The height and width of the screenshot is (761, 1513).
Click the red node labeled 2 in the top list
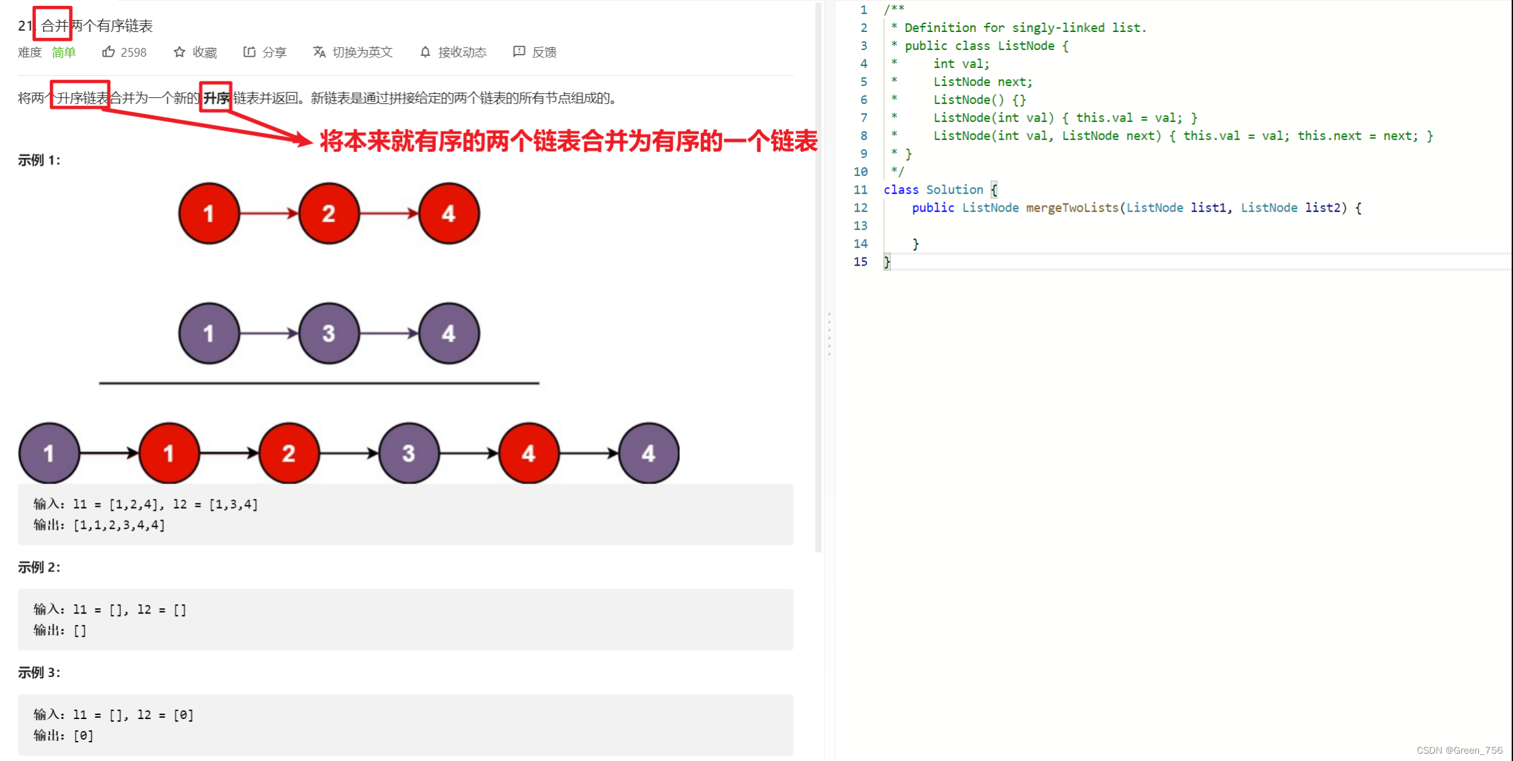pos(329,213)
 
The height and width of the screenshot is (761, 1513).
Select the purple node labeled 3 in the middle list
pos(329,333)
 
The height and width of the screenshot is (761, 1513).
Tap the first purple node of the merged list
pos(49,454)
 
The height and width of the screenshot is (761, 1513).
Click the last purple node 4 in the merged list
pos(648,454)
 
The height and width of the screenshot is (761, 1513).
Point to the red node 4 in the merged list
pos(528,454)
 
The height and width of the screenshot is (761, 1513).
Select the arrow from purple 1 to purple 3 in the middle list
pos(269,333)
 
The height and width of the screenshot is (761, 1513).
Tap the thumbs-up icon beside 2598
pos(108,52)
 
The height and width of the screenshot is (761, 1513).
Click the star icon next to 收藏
pos(179,52)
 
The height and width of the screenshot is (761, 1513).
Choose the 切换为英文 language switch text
pos(362,52)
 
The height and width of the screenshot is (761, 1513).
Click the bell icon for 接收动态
pos(425,52)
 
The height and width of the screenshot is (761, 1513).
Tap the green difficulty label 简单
pos(64,52)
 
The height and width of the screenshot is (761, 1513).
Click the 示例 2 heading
pos(39,567)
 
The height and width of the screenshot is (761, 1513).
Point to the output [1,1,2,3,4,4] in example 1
pos(119,525)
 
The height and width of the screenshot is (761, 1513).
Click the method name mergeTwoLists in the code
pos(1072,207)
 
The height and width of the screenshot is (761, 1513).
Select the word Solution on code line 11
pos(954,189)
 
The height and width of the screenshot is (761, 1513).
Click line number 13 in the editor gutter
pos(860,225)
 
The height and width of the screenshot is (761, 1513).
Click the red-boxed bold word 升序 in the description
pos(215,98)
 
